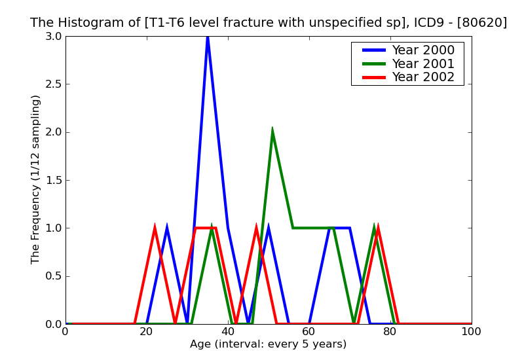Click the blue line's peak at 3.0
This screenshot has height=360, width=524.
coord(208,37)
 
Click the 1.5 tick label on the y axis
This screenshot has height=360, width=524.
coord(52,180)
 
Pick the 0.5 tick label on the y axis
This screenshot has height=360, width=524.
coord(52,276)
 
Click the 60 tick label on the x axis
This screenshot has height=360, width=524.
coord(309,332)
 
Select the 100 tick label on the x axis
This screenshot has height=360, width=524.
coord(472,332)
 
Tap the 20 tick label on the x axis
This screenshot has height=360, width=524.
coord(147,332)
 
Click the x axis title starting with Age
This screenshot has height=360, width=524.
coord(268,344)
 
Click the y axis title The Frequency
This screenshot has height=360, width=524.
coord(36,179)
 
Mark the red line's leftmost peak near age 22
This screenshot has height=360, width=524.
coord(155,228)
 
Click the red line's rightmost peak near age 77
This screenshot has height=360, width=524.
coord(378,228)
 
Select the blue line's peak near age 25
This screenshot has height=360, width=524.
coord(167,228)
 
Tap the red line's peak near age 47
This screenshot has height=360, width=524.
coord(256,228)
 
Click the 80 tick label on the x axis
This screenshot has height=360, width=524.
coord(390,332)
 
